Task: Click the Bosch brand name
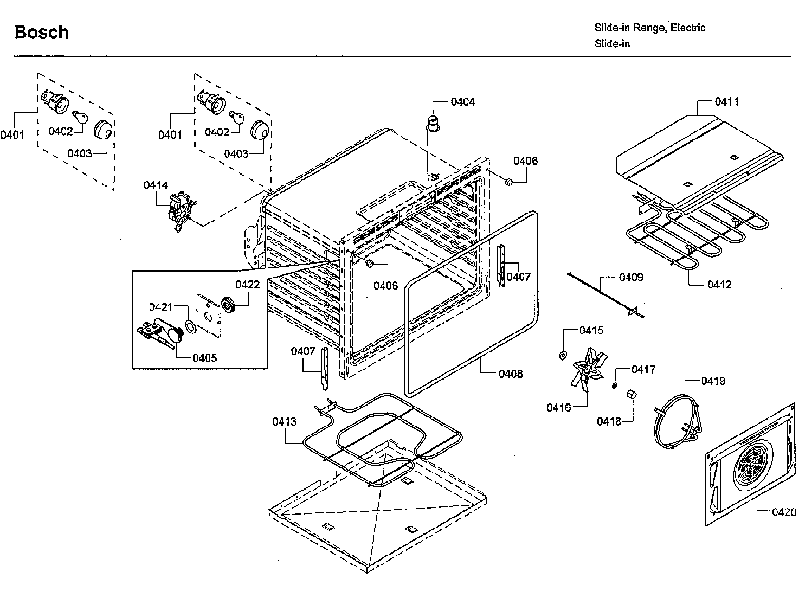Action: click(x=42, y=32)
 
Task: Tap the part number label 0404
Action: click(x=463, y=102)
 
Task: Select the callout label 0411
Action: click(x=727, y=102)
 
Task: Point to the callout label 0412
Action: click(x=719, y=285)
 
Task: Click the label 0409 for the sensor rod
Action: click(x=631, y=277)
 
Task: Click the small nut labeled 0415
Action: click(x=562, y=354)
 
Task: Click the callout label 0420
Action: click(x=784, y=512)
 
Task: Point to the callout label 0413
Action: click(x=284, y=422)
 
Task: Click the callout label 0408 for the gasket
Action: click(x=510, y=374)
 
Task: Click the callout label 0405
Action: click(x=205, y=358)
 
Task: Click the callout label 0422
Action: click(x=248, y=284)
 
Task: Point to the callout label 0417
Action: click(x=643, y=370)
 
